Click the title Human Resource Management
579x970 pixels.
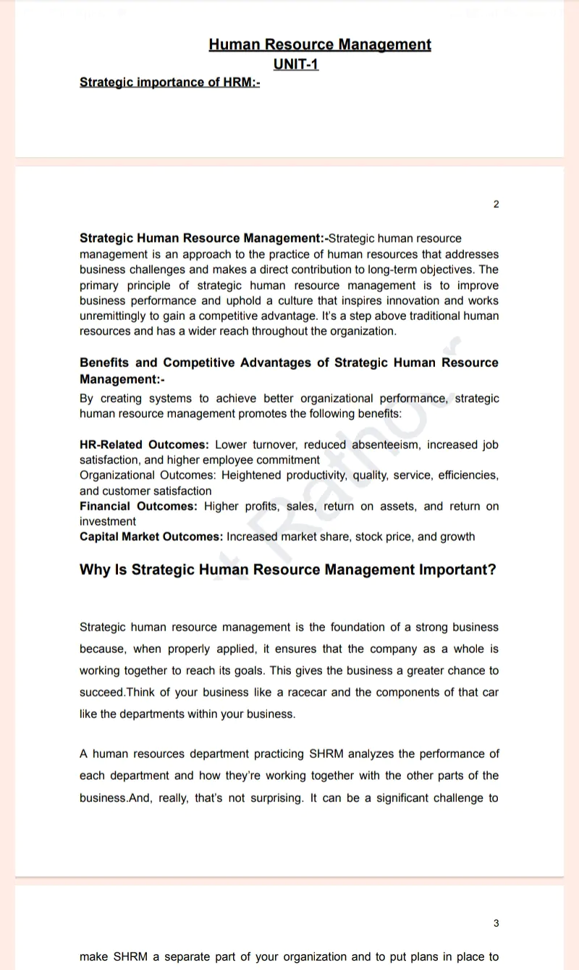pos(319,45)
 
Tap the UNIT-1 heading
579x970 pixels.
pos(296,64)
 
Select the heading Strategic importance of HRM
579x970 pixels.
pos(169,83)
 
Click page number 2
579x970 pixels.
pos(496,204)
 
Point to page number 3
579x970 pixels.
pos(496,923)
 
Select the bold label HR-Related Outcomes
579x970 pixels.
pos(144,444)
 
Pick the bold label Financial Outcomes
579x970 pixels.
pos(138,506)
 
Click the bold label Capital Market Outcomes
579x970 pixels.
pos(151,536)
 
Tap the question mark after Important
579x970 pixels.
pos(492,570)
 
